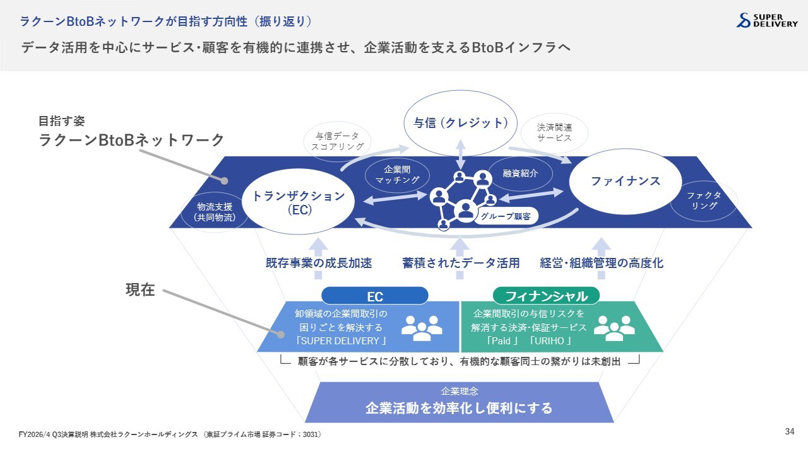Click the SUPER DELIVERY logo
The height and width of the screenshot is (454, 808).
[767, 21]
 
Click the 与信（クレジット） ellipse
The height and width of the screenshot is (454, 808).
[460, 123]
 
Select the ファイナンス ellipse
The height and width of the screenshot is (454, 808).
[626, 181]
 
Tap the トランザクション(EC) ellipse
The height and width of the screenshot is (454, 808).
[299, 202]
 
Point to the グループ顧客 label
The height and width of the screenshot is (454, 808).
[506, 216]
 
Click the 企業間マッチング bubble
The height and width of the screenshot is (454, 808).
[397, 175]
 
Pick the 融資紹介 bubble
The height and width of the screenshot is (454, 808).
[520, 173]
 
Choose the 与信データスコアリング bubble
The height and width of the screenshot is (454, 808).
[337, 141]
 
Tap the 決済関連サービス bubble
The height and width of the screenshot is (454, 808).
[554, 132]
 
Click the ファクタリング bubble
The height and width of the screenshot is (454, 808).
[704, 201]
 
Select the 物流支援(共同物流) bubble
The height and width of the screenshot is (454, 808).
[215, 212]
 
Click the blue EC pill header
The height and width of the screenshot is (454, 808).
[375, 296]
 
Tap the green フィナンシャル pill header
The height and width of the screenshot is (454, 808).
[546, 296]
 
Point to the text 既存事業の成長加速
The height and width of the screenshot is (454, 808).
[319, 263]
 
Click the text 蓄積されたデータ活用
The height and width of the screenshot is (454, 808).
[461, 263]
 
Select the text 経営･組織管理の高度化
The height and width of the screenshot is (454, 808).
[602, 263]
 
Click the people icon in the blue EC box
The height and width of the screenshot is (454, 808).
[422, 329]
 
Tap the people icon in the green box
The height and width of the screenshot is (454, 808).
[614, 329]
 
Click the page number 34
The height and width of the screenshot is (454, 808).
[790, 431]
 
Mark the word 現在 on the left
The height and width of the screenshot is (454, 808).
[140, 289]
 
